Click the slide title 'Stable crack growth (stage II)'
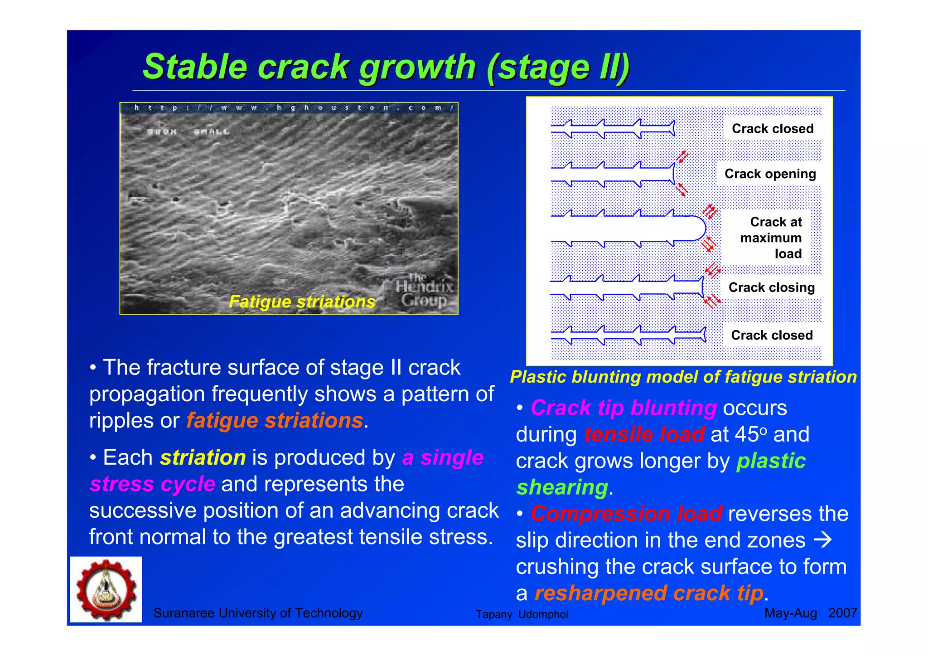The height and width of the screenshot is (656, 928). pyautogui.click(x=386, y=67)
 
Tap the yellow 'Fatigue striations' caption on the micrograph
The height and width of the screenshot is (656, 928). pyautogui.click(x=302, y=301)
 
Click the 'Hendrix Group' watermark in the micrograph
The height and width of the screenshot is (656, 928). pyautogui.click(x=424, y=290)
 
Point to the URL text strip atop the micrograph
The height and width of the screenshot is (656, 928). pyautogui.click(x=289, y=108)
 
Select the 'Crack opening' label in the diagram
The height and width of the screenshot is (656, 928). pyautogui.click(x=770, y=174)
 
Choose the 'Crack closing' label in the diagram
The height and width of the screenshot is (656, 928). pyautogui.click(x=771, y=287)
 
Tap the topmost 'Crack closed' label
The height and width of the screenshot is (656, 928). pyautogui.click(x=773, y=129)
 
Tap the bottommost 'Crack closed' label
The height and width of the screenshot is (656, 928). pyautogui.click(x=772, y=335)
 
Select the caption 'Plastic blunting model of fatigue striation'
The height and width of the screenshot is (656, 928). pyautogui.click(x=683, y=377)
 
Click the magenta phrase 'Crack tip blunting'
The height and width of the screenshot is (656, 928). pyautogui.click(x=623, y=408)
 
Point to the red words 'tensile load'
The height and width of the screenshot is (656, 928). pyautogui.click(x=644, y=434)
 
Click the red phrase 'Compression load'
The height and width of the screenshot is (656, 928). pyautogui.click(x=626, y=514)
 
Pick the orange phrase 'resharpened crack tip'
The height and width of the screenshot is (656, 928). pyautogui.click(x=648, y=593)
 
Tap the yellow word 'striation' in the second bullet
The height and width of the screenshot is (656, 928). pyautogui.click(x=203, y=457)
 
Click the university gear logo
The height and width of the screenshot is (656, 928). pyautogui.click(x=106, y=589)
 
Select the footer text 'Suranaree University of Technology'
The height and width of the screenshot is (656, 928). pyautogui.click(x=258, y=613)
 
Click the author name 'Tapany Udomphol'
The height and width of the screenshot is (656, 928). pyautogui.click(x=522, y=614)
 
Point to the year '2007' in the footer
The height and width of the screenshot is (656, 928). pyautogui.click(x=842, y=613)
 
